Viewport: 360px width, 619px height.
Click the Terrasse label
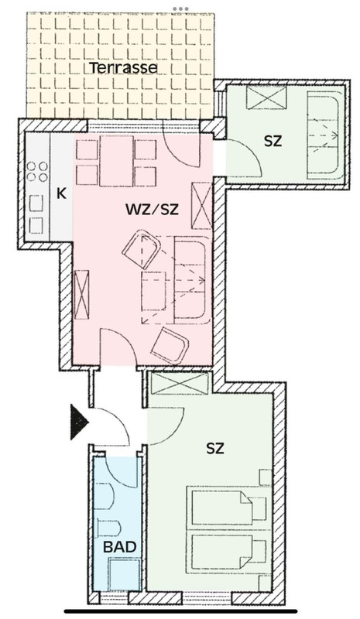124,68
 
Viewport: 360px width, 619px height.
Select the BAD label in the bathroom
121,547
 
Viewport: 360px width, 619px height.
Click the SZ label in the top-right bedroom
273,142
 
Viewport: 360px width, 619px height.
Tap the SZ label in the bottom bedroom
215,448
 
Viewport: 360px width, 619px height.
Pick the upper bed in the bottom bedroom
226,505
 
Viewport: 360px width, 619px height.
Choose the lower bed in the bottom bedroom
226,550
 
